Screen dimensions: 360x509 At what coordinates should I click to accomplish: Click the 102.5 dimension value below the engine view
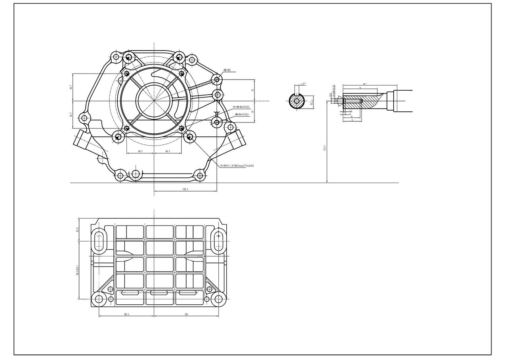coord(185,189)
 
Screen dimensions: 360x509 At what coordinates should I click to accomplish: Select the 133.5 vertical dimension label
coord(325,148)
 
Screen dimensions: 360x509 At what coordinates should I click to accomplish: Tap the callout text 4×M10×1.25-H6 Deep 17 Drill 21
coord(237,165)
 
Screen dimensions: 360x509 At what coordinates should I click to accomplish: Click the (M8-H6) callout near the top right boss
coord(227,70)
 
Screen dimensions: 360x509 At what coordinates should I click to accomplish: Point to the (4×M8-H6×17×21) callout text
coord(241,107)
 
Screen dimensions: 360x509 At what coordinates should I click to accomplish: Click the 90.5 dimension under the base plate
coord(126,314)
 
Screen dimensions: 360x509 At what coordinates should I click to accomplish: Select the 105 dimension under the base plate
coord(186,314)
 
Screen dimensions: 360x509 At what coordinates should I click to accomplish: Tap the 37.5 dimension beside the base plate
coord(78,230)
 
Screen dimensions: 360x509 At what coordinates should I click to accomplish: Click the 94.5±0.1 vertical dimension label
coord(78,271)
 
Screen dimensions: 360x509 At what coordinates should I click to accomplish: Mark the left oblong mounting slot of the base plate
coord(99,241)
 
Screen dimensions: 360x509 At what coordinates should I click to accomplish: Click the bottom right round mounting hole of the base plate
coord(218,300)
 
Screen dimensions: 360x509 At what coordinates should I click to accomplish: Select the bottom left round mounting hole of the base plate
coord(99,300)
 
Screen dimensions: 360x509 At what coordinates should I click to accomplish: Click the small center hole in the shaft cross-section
coord(297,101)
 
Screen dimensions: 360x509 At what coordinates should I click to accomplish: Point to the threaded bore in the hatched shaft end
coord(352,101)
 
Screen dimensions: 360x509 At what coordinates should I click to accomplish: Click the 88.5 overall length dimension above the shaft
coord(365,84)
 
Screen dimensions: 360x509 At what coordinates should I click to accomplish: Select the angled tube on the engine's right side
coord(237,140)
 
